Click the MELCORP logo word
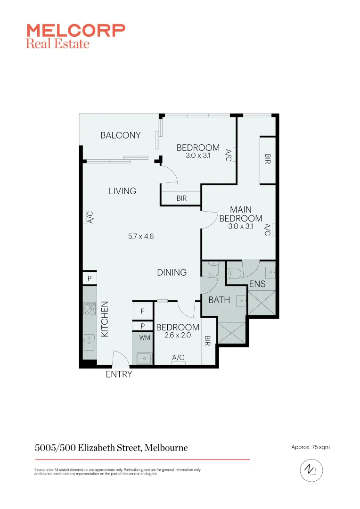click(76, 31)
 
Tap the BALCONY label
click(121, 135)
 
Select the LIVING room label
click(123, 191)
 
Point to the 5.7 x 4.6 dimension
click(141, 237)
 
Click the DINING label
click(172, 272)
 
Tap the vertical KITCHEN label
click(105, 319)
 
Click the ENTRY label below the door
click(119, 375)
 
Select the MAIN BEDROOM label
click(241, 214)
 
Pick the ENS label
click(258, 284)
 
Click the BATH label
click(219, 299)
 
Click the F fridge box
click(142, 311)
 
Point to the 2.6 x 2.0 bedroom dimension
click(178, 336)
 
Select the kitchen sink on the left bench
click(89, 342)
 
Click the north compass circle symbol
click(310, 470)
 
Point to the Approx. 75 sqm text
click(311, 447)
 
